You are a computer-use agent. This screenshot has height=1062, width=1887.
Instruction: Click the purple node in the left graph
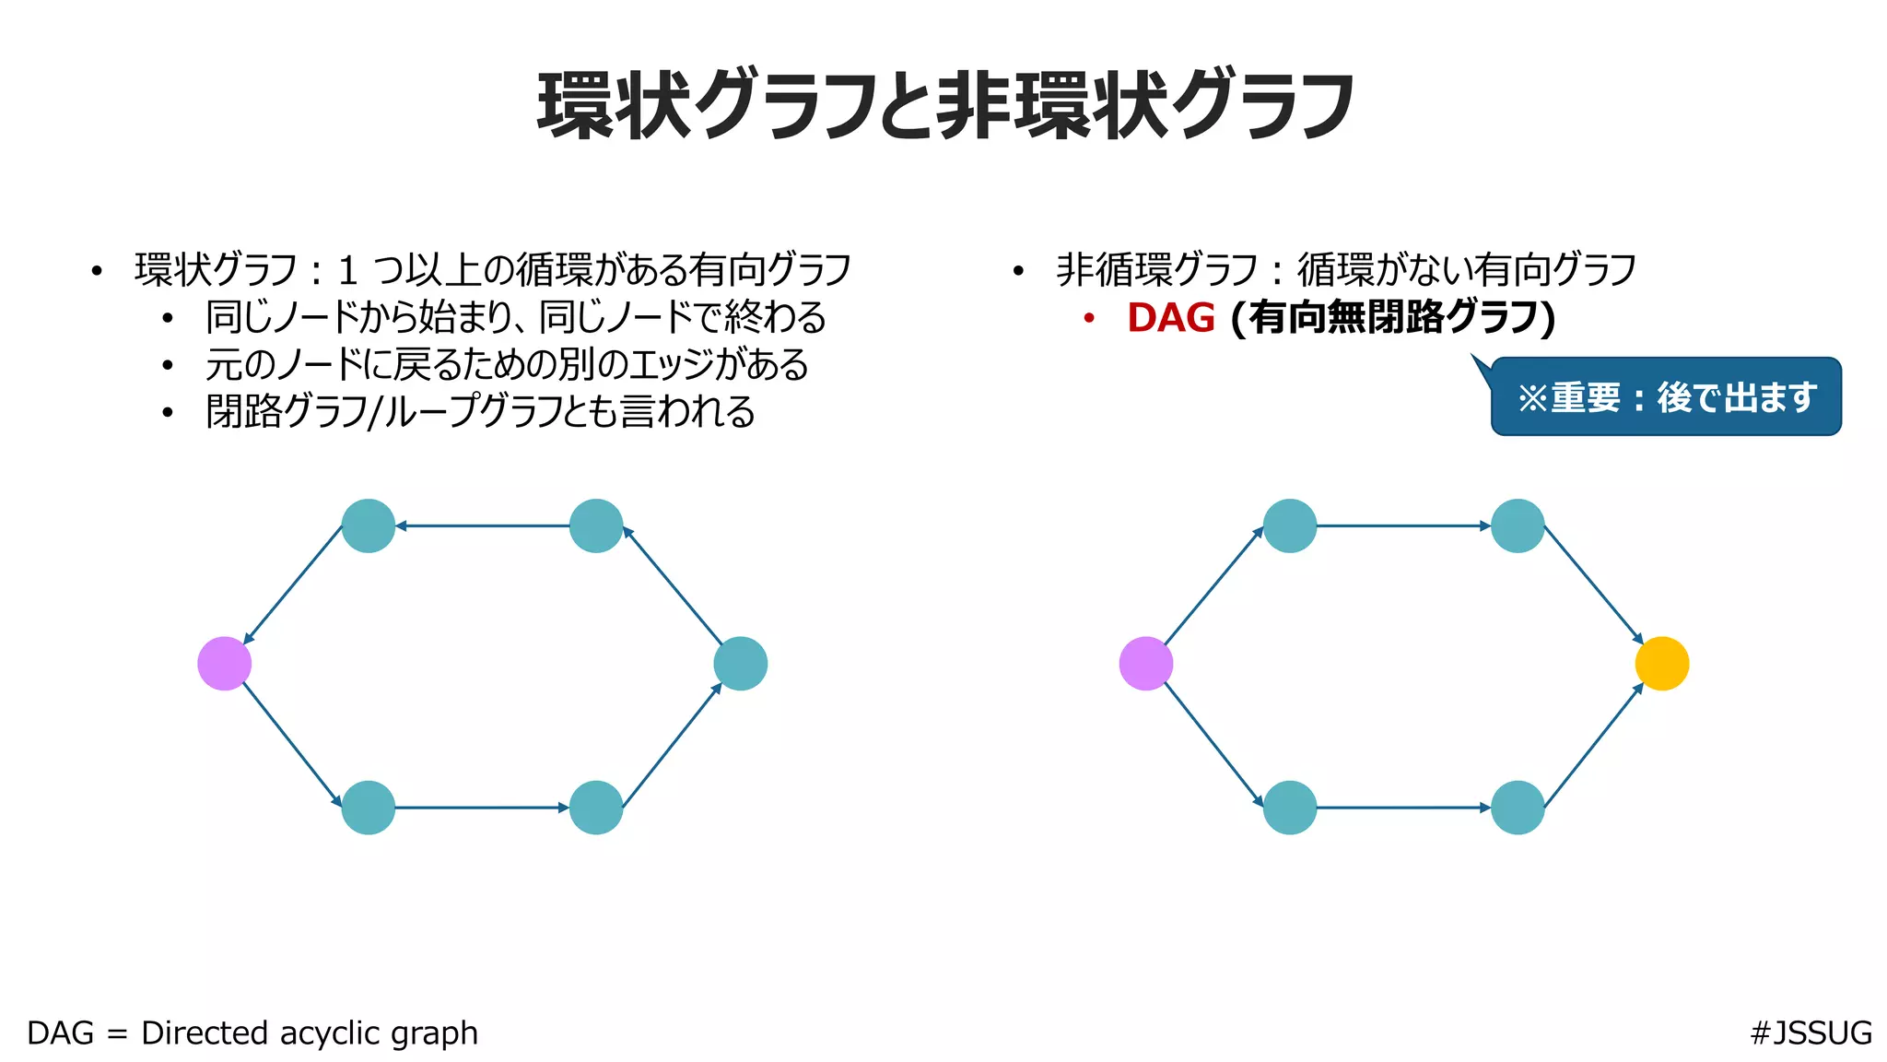[225, 664]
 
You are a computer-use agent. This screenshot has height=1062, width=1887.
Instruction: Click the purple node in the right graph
[1146, 664]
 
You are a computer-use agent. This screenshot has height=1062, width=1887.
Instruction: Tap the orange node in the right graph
[1662, 664]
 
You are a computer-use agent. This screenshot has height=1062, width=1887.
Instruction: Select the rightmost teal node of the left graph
[741, 664]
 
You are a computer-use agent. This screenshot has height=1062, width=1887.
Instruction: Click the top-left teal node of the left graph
[369, 525]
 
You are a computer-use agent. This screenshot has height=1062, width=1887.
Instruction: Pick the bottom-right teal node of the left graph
[596, 808]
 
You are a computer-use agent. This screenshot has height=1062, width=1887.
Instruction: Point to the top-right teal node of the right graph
[1518, 525]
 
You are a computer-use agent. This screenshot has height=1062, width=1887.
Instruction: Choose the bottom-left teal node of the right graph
[1290, 808]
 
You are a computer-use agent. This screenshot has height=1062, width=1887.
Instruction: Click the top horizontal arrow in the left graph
[482, 526]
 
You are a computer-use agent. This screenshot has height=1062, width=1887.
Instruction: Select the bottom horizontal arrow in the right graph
[1403, 808]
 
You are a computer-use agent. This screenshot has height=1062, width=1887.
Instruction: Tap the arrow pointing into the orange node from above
[1593, 584]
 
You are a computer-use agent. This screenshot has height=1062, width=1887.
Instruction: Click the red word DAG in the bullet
[1171, 318]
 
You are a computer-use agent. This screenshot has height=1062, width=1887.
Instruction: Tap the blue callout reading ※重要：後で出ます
[1666, 397]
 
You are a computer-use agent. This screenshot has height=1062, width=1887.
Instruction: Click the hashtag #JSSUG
[1811, 1032]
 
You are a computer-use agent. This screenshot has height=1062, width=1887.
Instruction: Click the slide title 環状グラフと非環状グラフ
[945, 106]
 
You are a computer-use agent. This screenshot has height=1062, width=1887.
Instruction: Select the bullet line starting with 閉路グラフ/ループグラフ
[480, 412]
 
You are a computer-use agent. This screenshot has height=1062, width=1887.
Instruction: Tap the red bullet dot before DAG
[1089, 319]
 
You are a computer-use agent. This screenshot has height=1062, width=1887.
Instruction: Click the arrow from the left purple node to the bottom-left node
[292, 744]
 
